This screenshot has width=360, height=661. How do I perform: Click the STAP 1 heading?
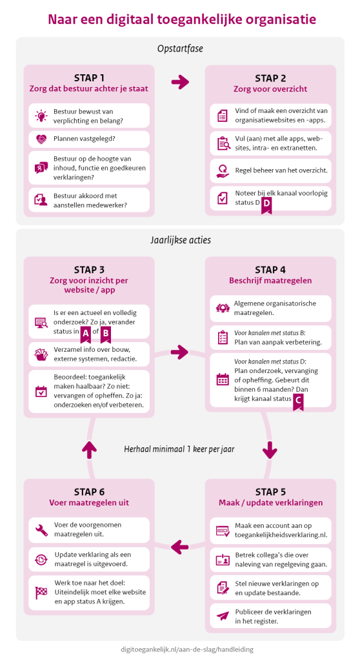[x=89, y=78]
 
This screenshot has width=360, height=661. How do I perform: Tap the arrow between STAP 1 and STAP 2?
[x=181, y=82]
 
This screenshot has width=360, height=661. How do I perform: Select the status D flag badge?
[x=266, y=205]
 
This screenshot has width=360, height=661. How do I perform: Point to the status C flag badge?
[x=298, y=400]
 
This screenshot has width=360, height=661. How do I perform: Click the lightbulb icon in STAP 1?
[x=41, y=116]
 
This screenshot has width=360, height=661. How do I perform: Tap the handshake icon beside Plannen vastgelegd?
[x=41, y=139]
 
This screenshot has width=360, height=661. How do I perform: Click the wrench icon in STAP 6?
[x=41, y=530]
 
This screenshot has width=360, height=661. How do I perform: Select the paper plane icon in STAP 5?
[x=223, y=616]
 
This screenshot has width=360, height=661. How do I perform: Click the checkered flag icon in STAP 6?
[x=41, y=593]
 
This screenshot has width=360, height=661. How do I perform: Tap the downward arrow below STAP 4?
[x=270, y=449]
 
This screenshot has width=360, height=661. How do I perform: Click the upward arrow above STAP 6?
[x=90, y=449]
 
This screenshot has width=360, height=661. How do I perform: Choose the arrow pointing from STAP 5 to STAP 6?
[x=179, y=547]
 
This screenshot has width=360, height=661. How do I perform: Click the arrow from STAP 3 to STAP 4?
[x=180, y=352]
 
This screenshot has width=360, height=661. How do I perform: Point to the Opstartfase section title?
[x=180, y=49]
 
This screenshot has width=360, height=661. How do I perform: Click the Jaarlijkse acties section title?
[x=181, y=240]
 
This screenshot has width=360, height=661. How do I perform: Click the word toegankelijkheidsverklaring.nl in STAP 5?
[x=281, y=535]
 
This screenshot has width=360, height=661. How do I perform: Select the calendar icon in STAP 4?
[x=223, y=379]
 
